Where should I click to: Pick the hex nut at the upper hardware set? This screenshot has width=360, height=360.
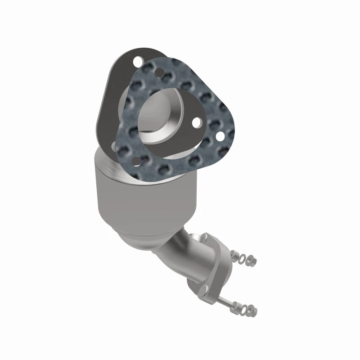click(251, 261)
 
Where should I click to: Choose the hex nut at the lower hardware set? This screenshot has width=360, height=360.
click(252, 310)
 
